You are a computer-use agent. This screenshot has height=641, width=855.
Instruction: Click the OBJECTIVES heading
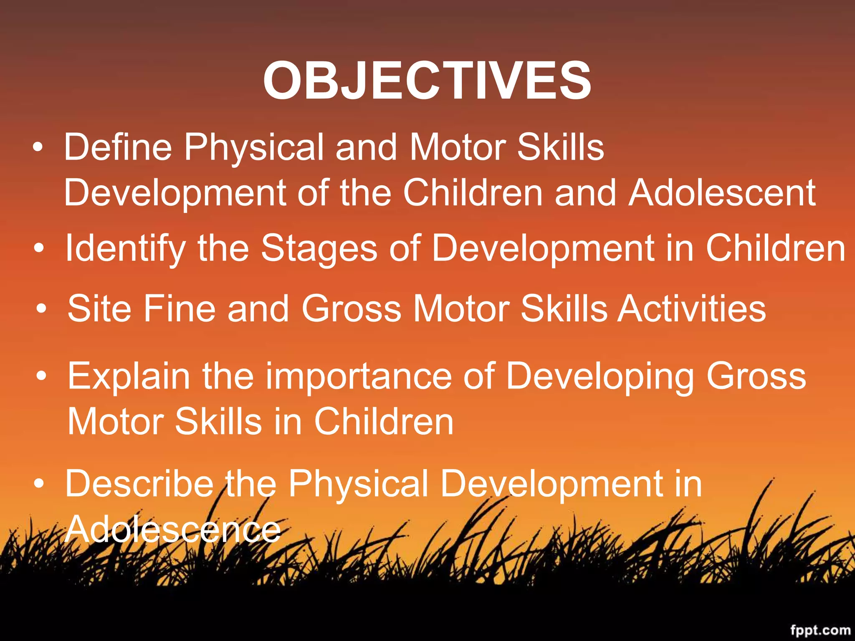coord(427,80)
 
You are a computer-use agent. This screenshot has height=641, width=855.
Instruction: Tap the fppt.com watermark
coord(820,630)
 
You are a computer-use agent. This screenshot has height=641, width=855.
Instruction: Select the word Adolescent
coord(722,193)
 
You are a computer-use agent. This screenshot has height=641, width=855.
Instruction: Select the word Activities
coord(692,308)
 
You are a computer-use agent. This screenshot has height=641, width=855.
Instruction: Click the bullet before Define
coord(38,148)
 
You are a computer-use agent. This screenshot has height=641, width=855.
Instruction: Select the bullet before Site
coord(41,309)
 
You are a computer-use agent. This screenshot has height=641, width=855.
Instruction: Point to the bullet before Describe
coord(39,484)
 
